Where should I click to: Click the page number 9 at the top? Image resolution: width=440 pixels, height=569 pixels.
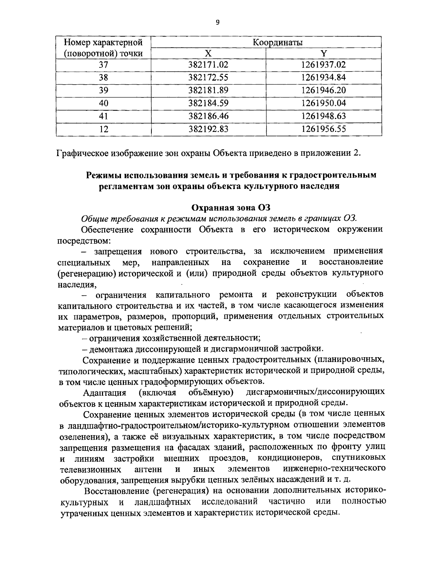(217, 23)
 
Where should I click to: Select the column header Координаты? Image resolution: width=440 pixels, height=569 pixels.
(278, 43)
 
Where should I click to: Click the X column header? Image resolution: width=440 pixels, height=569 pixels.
(208, 53)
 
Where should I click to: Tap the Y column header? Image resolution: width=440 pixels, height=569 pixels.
(323, 53)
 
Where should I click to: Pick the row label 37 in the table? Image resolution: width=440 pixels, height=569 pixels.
(104, 65)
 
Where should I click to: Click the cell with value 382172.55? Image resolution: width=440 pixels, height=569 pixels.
(208, 78)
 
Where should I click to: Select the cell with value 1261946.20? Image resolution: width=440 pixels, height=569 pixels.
(323, 90)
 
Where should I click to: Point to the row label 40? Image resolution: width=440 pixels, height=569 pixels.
(104, 103)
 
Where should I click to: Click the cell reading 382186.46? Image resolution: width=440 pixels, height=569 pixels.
(208, 116)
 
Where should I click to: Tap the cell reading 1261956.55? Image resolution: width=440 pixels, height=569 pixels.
(323, 129)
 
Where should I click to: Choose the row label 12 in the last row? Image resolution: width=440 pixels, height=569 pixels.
(104, 129)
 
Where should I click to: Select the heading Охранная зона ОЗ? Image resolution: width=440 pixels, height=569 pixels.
(231, 207)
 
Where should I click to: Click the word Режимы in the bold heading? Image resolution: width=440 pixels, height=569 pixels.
(103, 175)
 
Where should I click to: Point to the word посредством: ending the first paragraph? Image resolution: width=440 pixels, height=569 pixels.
(84, 241)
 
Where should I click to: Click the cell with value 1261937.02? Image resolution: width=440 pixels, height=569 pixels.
(323, 65)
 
